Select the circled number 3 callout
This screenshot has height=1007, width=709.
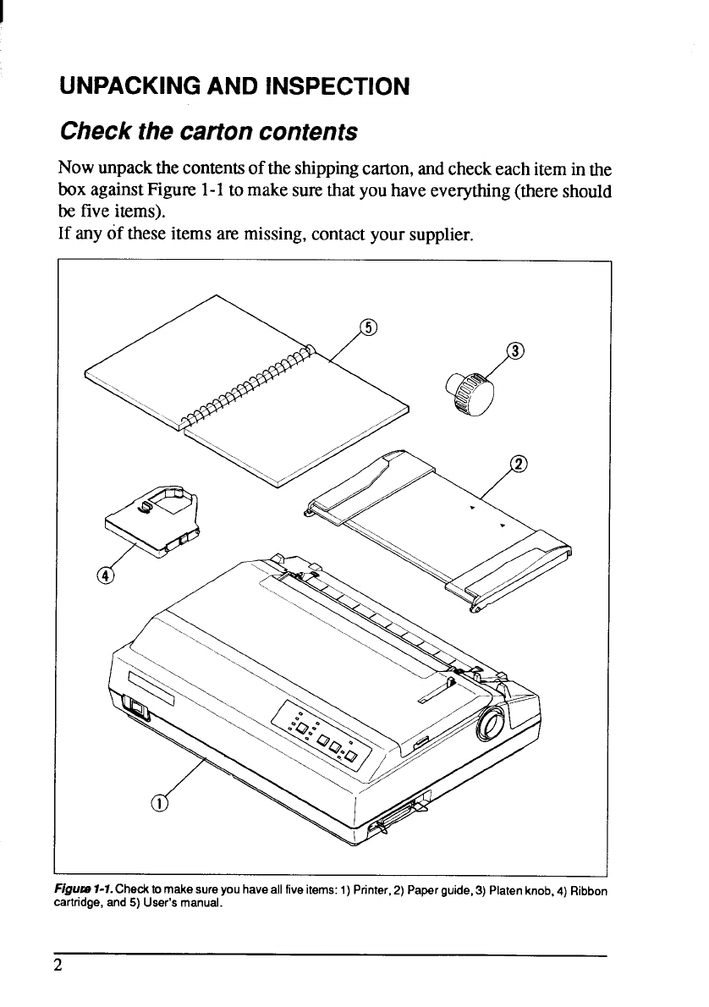514,351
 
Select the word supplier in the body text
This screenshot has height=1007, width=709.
433,229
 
